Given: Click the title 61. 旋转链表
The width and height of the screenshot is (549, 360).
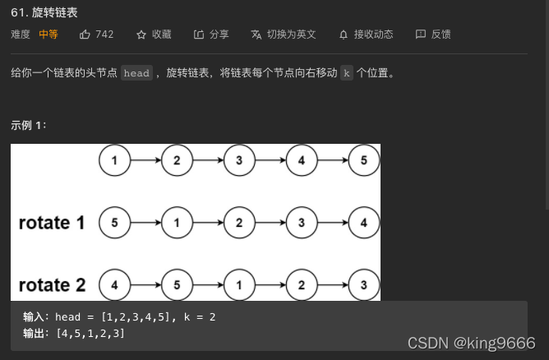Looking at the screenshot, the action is (45, 12).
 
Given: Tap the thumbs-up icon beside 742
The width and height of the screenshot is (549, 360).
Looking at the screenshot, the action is (85, 35).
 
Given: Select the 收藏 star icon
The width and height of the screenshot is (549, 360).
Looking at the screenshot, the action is (141, 35).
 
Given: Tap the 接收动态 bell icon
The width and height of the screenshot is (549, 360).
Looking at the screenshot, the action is (344, 35).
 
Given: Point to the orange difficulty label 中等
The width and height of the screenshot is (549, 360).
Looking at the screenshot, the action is (48, 35).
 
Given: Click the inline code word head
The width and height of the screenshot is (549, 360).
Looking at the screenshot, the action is (136, 73).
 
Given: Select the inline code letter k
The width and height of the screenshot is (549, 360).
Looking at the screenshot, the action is (346, 73).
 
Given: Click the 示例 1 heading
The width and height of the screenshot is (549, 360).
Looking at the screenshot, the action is (29, 125).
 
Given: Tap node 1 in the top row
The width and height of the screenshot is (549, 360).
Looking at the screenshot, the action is (115, 160).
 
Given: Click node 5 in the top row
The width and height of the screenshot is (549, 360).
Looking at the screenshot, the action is (364, 160).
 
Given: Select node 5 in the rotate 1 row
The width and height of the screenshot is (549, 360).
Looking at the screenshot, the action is (115, 223).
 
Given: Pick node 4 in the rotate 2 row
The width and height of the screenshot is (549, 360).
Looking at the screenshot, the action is (115, 285).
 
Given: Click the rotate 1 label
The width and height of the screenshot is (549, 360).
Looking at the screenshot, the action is (52, 223).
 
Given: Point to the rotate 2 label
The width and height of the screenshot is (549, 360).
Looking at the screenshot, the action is (52, 285).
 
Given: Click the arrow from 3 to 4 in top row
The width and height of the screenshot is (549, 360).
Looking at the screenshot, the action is (270, 160).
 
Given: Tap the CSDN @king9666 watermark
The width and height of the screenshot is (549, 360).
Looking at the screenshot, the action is (471, 343).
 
